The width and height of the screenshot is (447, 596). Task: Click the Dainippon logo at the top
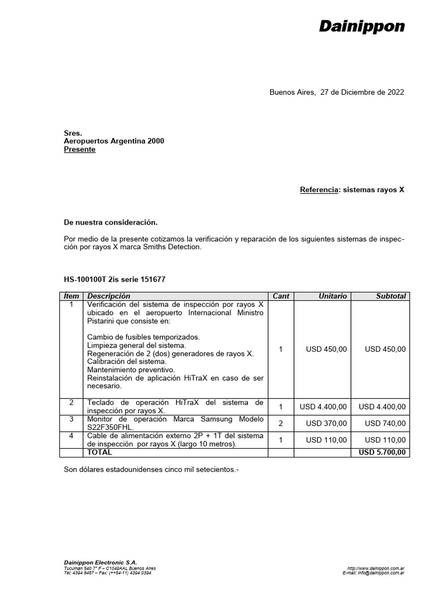[361, 27]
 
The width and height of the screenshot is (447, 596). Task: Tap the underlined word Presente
[79, 150]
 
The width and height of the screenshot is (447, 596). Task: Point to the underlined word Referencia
[318, 190]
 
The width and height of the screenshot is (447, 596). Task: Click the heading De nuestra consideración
[111, 222]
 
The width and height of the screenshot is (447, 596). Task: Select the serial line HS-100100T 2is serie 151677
[114, 279]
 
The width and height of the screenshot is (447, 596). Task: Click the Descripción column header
[109, 296]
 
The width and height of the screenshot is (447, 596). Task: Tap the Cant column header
[281, 296]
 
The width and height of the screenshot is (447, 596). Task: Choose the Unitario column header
[333, 296]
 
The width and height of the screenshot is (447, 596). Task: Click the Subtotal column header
[391, 296]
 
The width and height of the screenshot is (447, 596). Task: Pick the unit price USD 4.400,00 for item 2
[323, 407]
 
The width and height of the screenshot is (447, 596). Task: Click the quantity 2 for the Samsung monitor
[281, 424]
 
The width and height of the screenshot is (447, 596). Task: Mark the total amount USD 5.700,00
[382, 452]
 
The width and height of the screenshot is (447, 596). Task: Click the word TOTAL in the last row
[100, 452]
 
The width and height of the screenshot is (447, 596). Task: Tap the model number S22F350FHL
[111, 427]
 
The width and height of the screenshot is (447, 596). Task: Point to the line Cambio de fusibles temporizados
[143, 337]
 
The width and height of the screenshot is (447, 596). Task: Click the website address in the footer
[376, 567]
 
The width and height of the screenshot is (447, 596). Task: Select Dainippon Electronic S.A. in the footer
[100, 562]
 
